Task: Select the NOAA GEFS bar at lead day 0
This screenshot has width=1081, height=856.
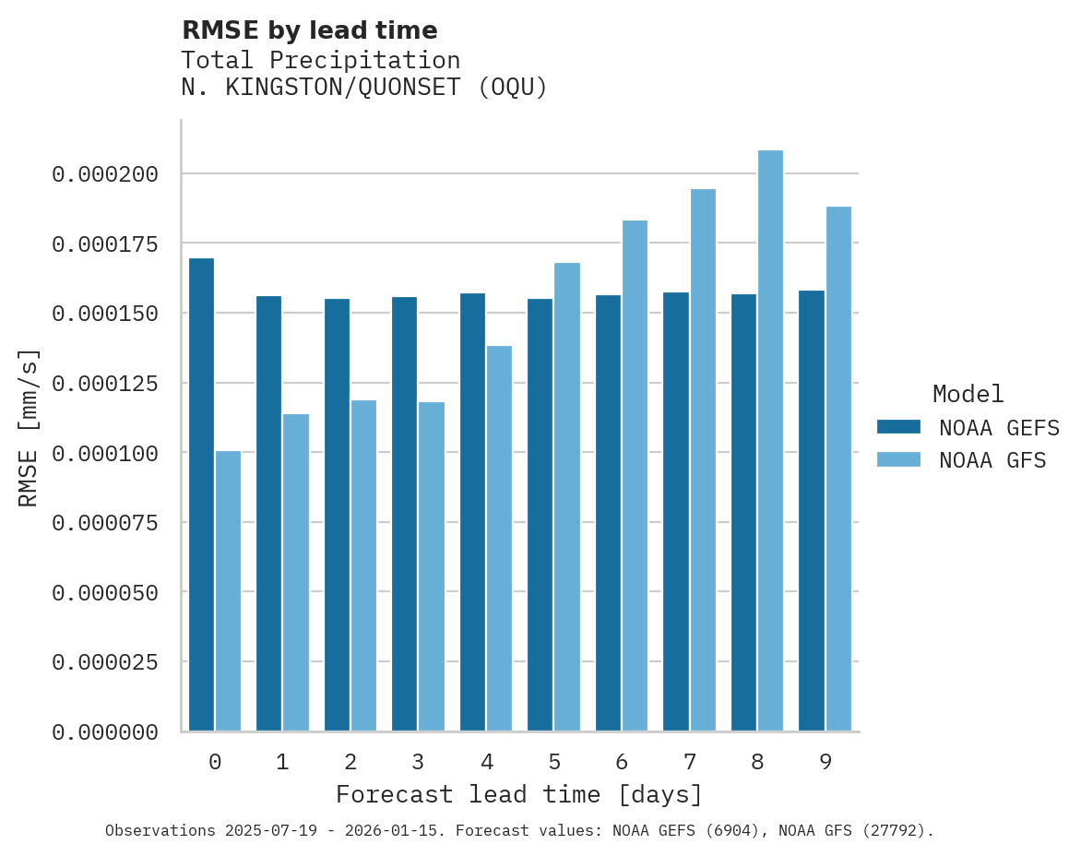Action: point(201,494)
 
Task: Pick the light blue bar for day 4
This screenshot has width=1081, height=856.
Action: point(499,539)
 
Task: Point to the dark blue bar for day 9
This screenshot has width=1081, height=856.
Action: point(812,511)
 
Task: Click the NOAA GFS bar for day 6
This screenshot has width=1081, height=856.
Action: point(635,476)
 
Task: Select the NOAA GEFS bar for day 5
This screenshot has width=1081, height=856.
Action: point(540,515)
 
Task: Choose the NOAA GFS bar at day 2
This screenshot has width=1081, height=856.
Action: point(363,565)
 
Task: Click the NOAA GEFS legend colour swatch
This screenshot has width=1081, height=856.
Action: point(898,426)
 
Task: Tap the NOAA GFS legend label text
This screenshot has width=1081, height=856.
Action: point(992,460)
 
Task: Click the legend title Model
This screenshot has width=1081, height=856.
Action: point(968,394)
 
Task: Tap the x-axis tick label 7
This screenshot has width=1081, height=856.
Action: point(689,762)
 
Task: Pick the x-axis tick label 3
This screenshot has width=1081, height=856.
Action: point(418,762)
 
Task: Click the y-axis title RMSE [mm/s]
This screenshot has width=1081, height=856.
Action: point(29,427)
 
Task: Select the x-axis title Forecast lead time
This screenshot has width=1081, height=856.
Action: point(519,794)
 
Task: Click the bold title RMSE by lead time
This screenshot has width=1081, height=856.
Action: point(309,30)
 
